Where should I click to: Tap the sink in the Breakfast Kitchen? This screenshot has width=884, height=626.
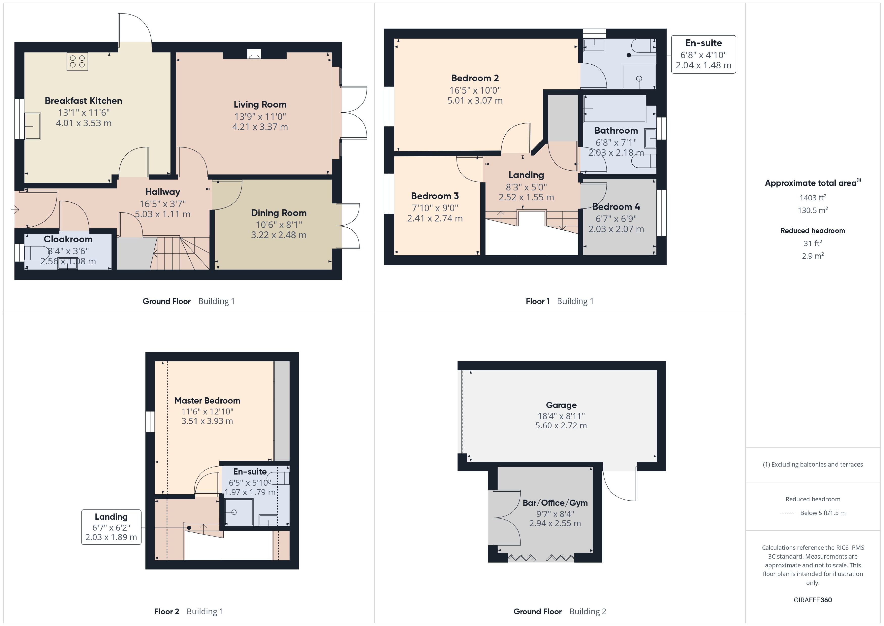33,126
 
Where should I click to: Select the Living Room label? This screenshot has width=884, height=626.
260,104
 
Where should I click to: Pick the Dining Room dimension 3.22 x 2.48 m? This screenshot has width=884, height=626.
279,235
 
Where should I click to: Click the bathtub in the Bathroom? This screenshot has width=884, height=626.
614,109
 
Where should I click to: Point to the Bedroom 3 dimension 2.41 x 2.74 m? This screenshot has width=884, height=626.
435,218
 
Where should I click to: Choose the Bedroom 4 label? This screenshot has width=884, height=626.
616,207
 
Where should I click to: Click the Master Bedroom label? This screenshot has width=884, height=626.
207,401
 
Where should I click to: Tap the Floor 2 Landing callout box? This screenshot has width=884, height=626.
111,526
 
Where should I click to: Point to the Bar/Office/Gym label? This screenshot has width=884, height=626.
555,503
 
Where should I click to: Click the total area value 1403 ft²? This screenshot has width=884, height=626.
812,198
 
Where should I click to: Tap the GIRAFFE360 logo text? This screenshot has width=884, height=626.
812,600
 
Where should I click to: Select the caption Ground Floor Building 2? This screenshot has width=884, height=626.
560,611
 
